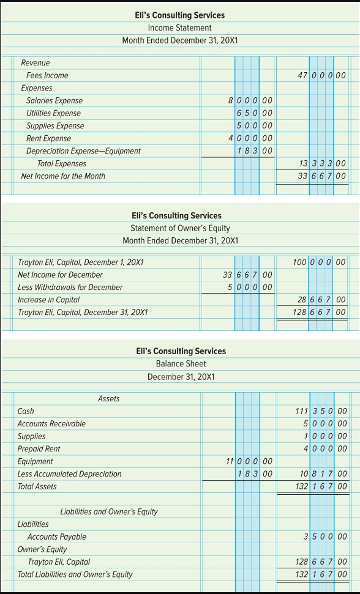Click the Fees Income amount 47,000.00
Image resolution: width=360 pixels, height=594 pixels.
point(321,75)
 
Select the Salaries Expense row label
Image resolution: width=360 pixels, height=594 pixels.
point(54,100)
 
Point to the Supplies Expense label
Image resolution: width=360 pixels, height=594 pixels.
point(55,126)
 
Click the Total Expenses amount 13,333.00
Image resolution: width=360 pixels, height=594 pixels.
point(321,163)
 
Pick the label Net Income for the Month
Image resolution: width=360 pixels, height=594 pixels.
point(63,176)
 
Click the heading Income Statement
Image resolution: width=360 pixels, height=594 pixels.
point(179,28)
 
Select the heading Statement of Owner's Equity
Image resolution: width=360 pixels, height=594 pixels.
point(179,228)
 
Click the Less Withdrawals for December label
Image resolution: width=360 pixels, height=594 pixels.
point(70,288)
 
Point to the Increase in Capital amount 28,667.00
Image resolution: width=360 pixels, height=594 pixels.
point(321,300)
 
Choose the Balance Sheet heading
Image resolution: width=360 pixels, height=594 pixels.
point(180,363)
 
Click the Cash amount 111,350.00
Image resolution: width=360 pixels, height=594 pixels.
point(321,411)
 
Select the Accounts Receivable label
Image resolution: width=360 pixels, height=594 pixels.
point(51,424)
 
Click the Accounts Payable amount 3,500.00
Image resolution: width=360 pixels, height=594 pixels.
point(324,536)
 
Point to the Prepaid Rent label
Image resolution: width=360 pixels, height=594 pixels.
point(39,449)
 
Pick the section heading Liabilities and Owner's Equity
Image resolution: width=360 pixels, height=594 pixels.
point(109,511)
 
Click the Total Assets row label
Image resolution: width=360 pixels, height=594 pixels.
point(37,486)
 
